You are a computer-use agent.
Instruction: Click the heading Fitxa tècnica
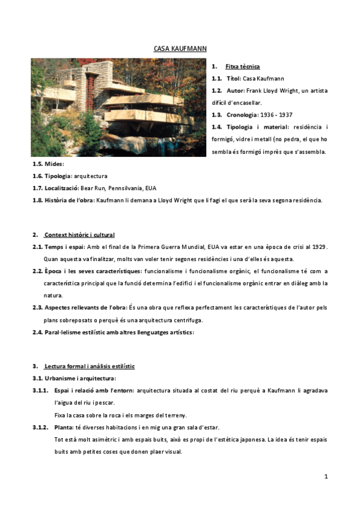click(x=242, y=66)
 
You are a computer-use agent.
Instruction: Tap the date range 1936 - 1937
click(x=277, y=114)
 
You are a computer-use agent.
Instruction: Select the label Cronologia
click(x=242, y=114)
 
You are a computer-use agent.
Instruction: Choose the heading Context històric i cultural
click(x=79, y=235)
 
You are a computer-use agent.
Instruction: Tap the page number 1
click(x=326, y=476)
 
